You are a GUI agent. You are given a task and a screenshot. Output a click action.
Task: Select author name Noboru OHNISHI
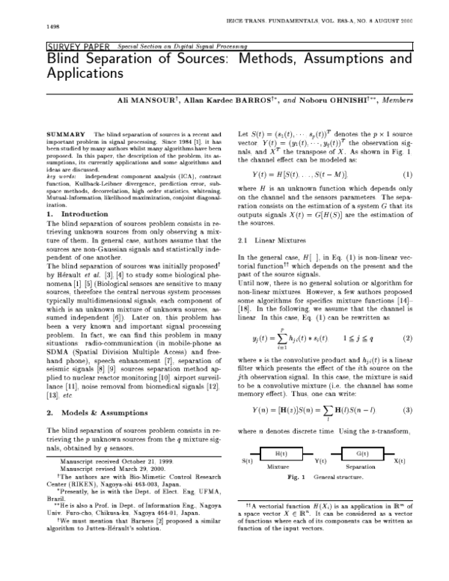pos(341,99)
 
